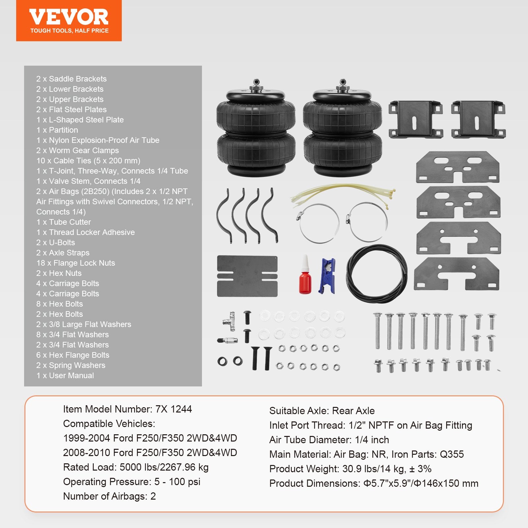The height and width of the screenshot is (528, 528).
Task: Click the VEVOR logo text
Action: click(x=69, y=17)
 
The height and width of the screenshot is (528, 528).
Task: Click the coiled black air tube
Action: click(x=377, y=274)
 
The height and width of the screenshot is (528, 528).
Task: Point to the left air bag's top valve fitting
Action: click(x=256, y=85)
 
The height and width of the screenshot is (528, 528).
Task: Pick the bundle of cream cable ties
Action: click(x=343, y=195)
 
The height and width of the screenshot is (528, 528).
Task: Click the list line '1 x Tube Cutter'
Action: click(x=64, y=222)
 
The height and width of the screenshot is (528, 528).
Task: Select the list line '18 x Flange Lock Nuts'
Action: click(x=76, y=263)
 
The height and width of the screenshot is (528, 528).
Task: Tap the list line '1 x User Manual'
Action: click(x=65, y=376)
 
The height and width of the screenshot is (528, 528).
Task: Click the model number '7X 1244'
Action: click(x=173, y=409)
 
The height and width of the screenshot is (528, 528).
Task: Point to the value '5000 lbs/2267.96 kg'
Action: click(x=164, y=467)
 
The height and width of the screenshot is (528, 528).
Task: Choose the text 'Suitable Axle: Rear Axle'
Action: click(x=322, y=411)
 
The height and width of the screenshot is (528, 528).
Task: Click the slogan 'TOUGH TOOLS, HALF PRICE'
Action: click(x=69, y=31)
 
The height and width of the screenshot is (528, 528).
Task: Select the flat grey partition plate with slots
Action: click(x=247, y=276)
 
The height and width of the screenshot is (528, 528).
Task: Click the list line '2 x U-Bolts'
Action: click(x=56, y=243)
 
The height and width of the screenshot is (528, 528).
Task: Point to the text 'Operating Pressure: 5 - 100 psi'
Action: click(x=132, y=482)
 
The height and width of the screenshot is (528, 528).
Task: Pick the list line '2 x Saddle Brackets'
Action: click(x=71, y=79)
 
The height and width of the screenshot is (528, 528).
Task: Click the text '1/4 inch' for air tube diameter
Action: click(x=372, y=440)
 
